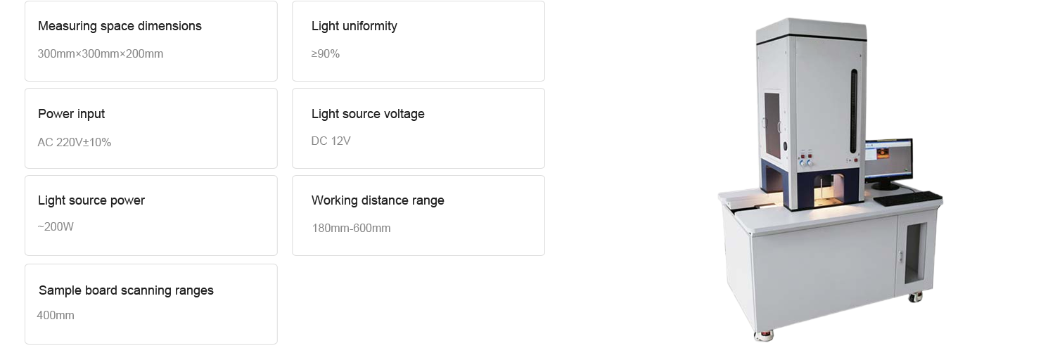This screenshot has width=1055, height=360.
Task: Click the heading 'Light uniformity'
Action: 354,26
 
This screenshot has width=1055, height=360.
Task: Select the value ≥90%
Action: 325,53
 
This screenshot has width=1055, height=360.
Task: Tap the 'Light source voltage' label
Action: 368,114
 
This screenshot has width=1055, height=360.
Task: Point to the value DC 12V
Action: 331,141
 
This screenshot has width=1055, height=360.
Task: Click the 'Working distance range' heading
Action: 378,200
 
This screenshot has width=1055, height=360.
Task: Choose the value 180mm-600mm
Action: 350,228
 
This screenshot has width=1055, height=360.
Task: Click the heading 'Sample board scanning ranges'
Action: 126,290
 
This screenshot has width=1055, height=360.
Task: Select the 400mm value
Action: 55,315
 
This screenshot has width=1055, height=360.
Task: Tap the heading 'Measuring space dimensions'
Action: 120,26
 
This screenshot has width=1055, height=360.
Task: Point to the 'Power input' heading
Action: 71,114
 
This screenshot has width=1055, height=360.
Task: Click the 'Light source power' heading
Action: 91,200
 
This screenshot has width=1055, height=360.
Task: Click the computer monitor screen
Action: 888,160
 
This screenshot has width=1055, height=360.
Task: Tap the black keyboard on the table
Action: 907,198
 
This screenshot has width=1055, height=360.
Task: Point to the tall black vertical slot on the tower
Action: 854,110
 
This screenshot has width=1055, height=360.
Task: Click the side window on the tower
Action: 772,116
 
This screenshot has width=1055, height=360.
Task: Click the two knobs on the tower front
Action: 805,162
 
